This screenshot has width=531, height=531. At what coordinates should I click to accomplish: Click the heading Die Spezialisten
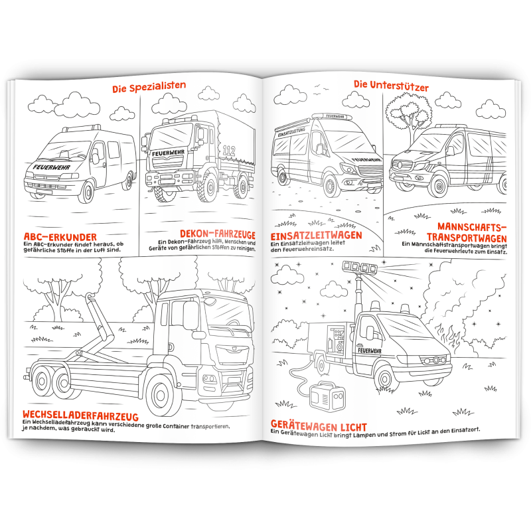coord(149,87)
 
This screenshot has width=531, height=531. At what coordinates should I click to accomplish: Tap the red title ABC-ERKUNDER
coord(60,236)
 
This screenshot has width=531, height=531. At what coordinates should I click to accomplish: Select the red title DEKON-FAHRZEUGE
coord(218,234)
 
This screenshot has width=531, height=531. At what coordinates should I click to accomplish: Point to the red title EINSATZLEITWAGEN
coord(317,236)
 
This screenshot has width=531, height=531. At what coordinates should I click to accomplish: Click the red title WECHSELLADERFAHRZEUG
coord(80,415)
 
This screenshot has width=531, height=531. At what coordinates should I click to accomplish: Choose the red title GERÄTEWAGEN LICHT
coord(319,425)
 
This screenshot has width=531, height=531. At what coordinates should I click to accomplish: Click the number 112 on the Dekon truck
coord(228,151)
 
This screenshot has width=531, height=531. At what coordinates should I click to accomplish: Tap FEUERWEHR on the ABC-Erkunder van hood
coord(51,167)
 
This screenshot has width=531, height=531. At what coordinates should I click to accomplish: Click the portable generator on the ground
coord(327,396)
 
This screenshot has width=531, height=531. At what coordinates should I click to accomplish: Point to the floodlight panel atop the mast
coord(360,267)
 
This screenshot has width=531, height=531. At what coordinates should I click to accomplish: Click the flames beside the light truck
coord(446,337)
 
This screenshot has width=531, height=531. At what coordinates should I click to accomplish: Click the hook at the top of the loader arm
coord(90,297)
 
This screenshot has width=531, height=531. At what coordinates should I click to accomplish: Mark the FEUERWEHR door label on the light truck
coord(370,351)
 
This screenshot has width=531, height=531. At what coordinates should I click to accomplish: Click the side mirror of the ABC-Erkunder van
coord(96,159)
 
